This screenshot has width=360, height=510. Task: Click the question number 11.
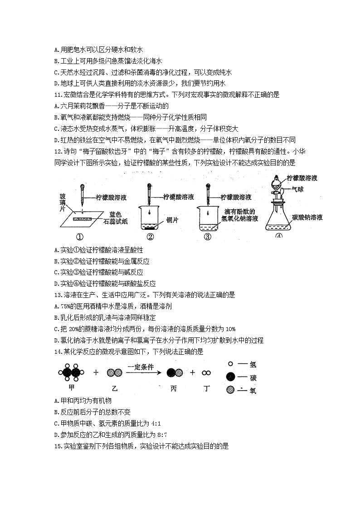(x=57, y=95)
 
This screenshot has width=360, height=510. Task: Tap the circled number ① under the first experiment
(x=80, y=237)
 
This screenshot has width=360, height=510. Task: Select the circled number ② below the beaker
(x=150, y=237)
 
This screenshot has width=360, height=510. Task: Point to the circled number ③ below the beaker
(x=207, y=237)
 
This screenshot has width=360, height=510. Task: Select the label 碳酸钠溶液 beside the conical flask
(x=307, y=218)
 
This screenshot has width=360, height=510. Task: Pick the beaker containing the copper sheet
(x=150, y=218)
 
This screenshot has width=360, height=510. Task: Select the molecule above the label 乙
(x=115, y=373)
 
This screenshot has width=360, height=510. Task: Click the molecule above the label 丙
(x=175, y=373)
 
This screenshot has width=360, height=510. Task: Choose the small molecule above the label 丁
(x=206, y=373)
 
